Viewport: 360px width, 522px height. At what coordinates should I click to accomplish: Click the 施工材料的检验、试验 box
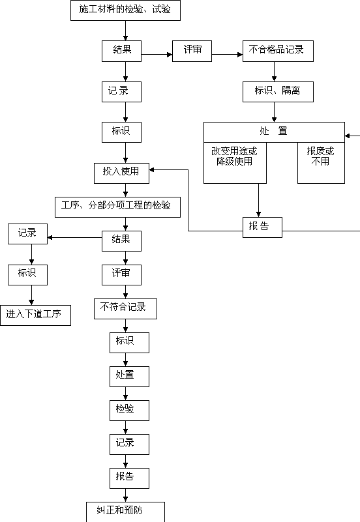126,10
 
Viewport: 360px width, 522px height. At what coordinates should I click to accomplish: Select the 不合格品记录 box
278,51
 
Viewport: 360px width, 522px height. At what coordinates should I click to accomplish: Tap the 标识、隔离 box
278,92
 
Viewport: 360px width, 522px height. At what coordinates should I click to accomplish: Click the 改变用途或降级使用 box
235,163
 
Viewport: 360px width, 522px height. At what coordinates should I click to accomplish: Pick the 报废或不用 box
321,163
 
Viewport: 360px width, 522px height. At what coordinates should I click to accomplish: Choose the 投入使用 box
121,173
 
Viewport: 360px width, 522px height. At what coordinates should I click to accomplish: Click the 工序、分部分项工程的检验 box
117,207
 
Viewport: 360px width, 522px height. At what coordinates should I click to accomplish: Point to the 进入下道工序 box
35,315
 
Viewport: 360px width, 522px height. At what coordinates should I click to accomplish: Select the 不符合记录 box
126,309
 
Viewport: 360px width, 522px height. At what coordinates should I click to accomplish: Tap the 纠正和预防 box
126,512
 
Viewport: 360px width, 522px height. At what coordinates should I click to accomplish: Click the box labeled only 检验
130,411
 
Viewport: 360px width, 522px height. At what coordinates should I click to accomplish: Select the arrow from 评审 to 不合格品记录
227,54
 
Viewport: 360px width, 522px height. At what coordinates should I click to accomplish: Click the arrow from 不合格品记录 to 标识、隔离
274,72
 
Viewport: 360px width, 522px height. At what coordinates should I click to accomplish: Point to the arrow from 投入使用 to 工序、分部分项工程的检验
126,190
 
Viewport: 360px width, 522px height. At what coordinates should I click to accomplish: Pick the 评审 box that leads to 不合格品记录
192,51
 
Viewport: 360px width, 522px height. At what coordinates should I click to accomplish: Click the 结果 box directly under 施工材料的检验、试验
121,51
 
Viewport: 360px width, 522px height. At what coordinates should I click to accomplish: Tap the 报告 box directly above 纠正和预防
130,478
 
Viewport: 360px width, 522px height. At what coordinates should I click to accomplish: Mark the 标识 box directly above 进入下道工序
27,275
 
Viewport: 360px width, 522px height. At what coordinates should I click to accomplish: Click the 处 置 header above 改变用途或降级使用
274,132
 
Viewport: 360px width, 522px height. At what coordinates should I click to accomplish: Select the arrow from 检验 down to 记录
126,428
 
